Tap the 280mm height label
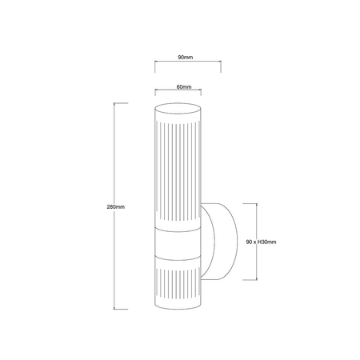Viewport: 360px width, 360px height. [115, 206]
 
